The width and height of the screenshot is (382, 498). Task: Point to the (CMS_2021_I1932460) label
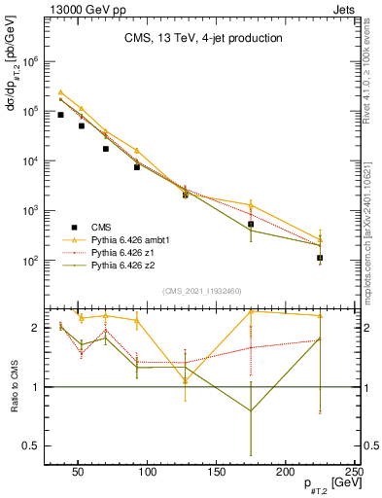(202, 291)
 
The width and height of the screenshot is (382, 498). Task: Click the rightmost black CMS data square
(320, 258)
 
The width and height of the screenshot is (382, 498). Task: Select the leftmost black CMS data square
(60, 115)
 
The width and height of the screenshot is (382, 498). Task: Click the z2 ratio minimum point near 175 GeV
(251, 410)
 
